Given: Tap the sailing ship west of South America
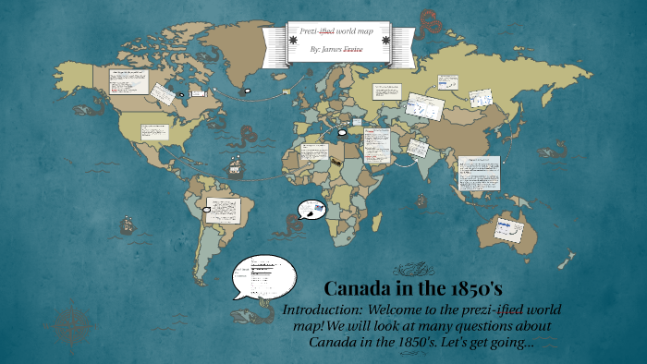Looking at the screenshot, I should click(126, 224).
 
